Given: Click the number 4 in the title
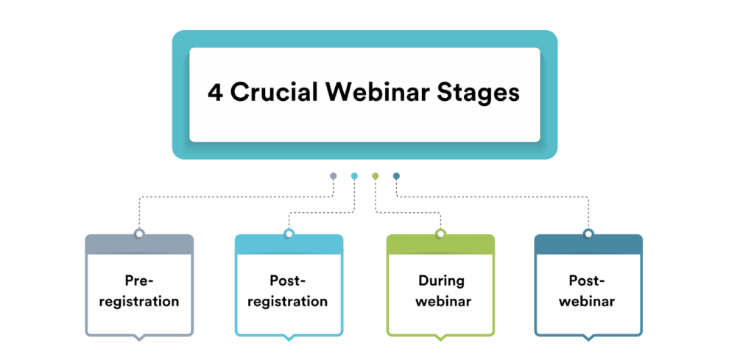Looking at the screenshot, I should pyautogui.click(x=216, y=94).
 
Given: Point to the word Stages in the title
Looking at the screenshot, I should pyautogui.click(x=479, y=94).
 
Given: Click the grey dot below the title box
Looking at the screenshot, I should pyautogui.click(x=334, y=176).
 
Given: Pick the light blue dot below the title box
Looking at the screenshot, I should pyautogui.click(x=354, y=176).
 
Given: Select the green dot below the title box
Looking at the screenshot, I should pyautogui.click(x=376, y=176).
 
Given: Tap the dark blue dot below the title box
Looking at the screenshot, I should pyautogui.click(x=396, y=176).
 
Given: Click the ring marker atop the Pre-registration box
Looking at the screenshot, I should pyautogui.click(x=138, y=234).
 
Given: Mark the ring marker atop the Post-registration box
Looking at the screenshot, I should pyautogui.click(x=289, y=234).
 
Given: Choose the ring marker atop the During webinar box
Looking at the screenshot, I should pyautogui.click(x=440, y=234).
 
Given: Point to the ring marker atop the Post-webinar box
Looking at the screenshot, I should pyautogui.click(x=588, y=234).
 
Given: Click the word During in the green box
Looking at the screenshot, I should pyautogui.click(x=441, y=280).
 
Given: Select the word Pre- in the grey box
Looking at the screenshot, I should pyautogui.click(x=138, y=280).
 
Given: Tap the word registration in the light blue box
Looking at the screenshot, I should pyautogui.click(x=289, y=301).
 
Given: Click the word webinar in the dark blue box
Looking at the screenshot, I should pyautogui.click(x=588, y=301).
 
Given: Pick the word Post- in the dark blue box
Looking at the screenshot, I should pyautogui.click(x=588, y=280).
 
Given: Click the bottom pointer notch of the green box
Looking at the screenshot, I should pyautogui.click(x=440, y=338).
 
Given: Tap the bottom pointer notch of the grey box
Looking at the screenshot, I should pyautogui.click(x=138, y=338).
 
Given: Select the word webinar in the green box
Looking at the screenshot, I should pyautogui.click(x=441, y=301).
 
